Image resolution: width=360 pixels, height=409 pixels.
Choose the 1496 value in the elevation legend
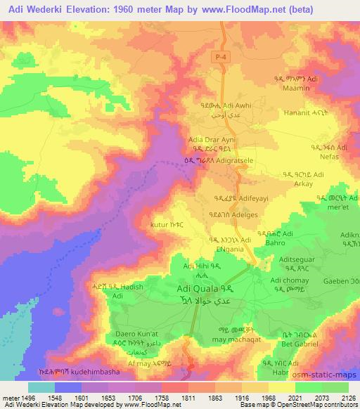pyautogui.click(x=20, y=396)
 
